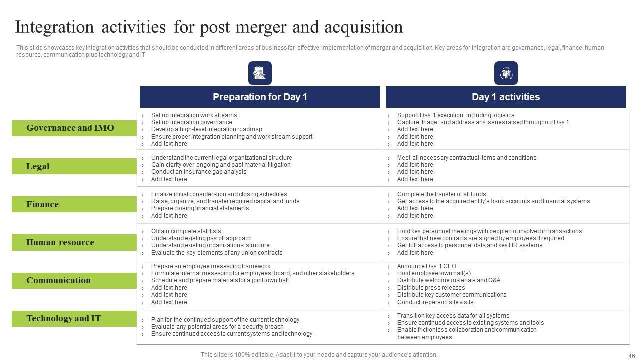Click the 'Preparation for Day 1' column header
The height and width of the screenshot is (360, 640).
(x=260, y=97)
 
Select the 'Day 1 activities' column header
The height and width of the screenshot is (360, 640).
(x=505, y=97)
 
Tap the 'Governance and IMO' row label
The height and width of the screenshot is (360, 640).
(x=70, y=128)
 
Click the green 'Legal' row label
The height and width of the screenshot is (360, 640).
(x=38, y=166)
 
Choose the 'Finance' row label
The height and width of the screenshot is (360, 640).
(x=42, y=204)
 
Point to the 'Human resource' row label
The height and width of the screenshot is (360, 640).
(x=60, y=242)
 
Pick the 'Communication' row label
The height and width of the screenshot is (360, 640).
(x=58, y=280)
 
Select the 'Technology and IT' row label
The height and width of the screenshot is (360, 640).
(x=63, y=318)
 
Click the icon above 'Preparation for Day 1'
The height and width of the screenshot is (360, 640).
(x=260, y=73)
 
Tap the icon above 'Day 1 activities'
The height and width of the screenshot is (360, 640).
(x=506, y=73)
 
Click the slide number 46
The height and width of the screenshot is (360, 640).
(x=631, y=356)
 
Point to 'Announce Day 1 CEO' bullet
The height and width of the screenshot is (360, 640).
(x=426, y=266)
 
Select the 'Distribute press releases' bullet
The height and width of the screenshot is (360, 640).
(x=431, y=288)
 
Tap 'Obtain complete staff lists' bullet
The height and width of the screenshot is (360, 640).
(x=186, y=231)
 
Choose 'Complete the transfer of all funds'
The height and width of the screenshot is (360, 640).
(x=441, y=194)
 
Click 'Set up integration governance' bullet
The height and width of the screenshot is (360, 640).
(x=191, y=122)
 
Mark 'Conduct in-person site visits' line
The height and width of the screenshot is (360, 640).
(x=435, y=302)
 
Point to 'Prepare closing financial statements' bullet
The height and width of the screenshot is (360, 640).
(x=200, y=208)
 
